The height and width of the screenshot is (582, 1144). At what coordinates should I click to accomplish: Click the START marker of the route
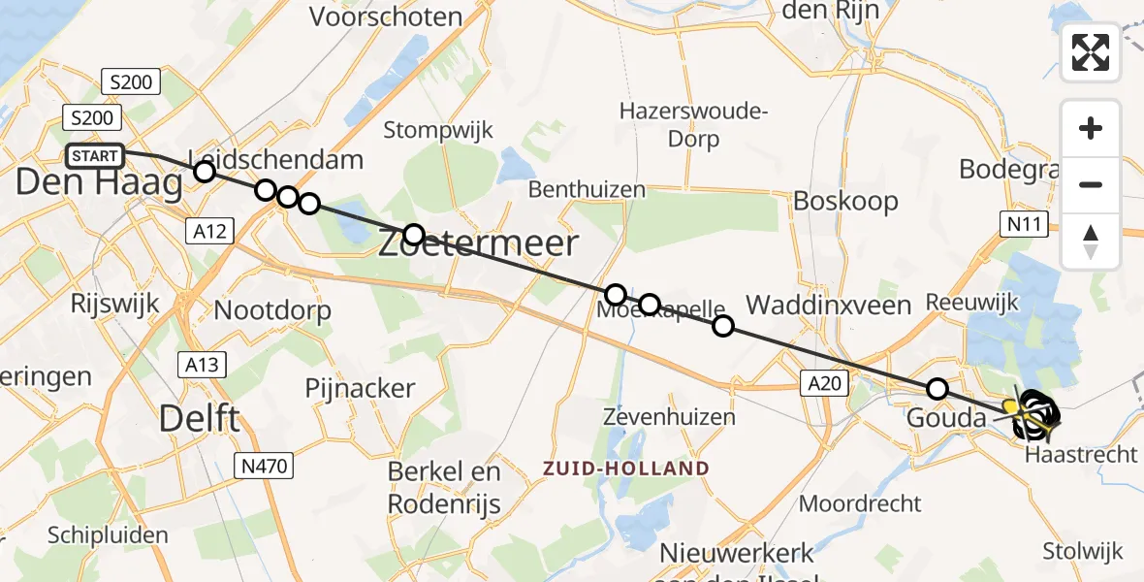click(x=96, y=155)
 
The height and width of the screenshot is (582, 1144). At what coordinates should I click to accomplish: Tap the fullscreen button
click(x=1091, y=52)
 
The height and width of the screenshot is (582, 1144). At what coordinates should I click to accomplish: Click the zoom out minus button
click(x=1091, y=184)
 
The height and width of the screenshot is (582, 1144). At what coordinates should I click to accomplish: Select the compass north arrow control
click(x=1091, y=242)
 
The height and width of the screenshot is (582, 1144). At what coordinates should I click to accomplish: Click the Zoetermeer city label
click(x=478, y=242)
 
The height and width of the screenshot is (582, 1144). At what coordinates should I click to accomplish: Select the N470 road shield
click(x=265, y=467)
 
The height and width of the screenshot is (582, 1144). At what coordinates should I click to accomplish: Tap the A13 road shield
click(x=202, y=364)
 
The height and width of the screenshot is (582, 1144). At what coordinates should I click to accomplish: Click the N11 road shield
click(x=1022, y=225)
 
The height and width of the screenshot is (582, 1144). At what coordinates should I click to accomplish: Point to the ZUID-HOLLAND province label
click(x=625, y=468)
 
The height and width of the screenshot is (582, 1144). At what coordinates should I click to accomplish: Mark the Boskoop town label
click(x=845, y=202)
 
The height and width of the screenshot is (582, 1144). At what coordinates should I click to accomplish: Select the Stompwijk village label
click(x=438, y=130)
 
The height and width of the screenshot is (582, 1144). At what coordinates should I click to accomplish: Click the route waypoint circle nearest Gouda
click(x=937, y=389)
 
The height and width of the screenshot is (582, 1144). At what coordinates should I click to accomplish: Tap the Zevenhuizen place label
click(x=669, y=417)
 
